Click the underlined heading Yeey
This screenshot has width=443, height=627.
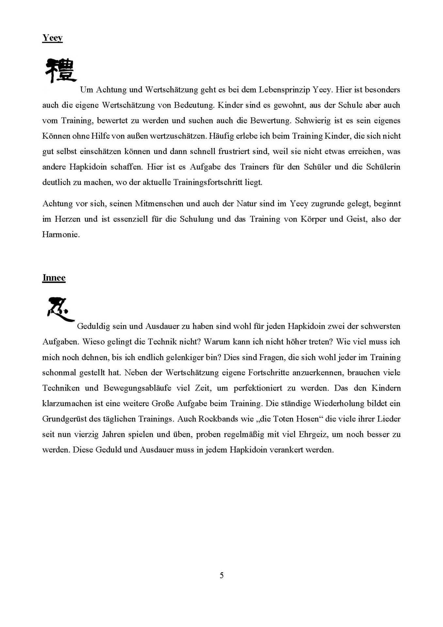pos(52,38)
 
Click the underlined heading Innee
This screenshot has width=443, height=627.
pos(54,278)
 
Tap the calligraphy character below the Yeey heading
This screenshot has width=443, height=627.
pos(60,71)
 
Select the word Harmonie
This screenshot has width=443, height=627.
pos(61,234)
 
